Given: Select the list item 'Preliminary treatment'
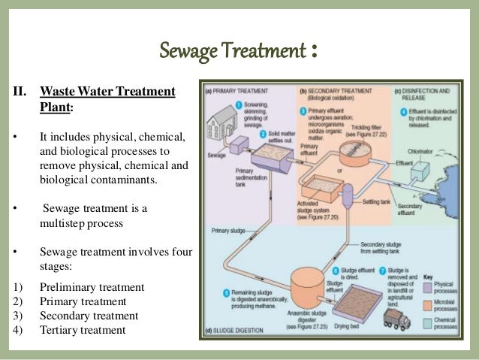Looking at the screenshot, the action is (x=82, y=288).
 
